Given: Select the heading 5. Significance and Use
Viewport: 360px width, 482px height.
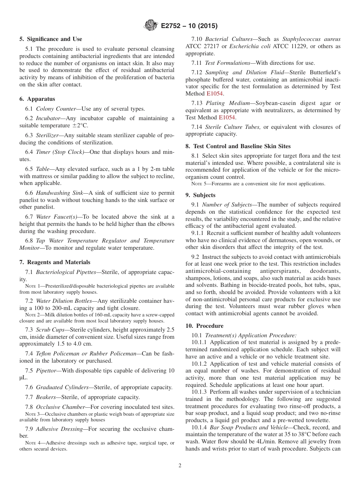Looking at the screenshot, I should point(50,39).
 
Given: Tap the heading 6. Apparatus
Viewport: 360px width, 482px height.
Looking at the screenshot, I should point(37,99).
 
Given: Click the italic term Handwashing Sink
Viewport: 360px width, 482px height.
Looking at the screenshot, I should point(59,193).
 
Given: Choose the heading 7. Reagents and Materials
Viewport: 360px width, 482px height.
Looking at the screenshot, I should point(55,262).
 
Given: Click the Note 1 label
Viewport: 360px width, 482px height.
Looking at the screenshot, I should point(33,286).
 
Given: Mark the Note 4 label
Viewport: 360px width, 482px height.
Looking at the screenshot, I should point(33,443).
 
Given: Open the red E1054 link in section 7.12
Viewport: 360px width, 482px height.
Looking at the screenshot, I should point(214,93).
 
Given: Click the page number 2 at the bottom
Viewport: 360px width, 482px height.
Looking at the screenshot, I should point(180,466).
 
